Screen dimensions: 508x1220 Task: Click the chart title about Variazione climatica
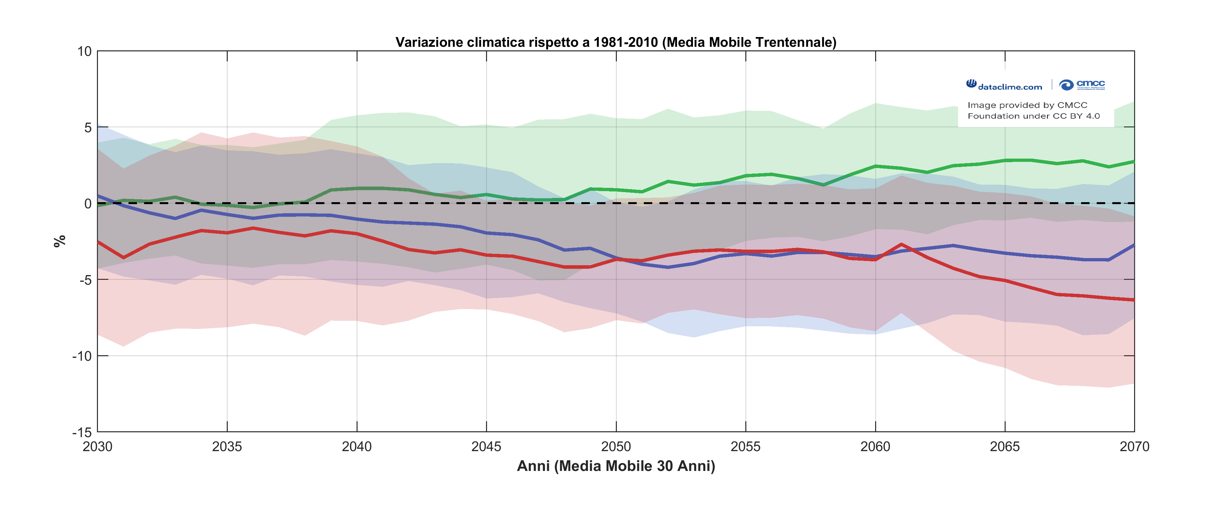(x=616, y=43)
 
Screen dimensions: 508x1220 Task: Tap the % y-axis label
(x=60, y=241)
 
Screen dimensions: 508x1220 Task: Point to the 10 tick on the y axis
(x=85, y=52)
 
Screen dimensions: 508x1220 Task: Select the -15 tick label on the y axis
(x=82, y=432)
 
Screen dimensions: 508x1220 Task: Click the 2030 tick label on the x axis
(x=98, y=447)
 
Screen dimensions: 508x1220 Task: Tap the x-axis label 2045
(x=486, y=447)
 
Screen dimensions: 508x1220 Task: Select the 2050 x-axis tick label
(x=616, y=447)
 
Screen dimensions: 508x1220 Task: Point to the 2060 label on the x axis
(x=875, y=447)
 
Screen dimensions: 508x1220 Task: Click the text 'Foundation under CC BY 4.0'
(x=1033, y=116)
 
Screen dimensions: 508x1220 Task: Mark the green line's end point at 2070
(x=1134, y=162)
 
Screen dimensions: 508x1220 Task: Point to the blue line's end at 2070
(x=1134, y=245)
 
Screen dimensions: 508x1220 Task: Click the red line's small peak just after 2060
(x=901, y=244)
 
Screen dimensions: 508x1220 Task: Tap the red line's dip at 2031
(x=124, y=258)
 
